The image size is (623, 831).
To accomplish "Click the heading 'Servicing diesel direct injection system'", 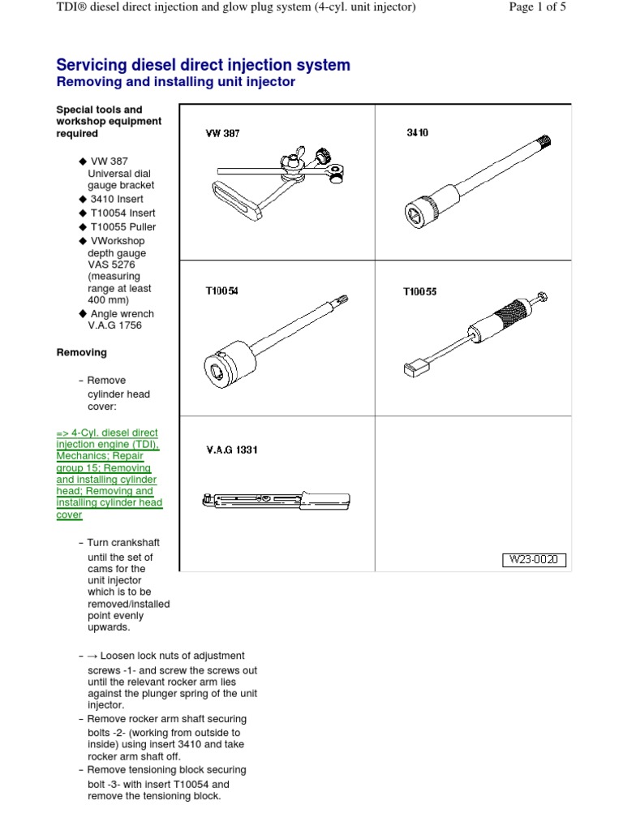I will (203, 65).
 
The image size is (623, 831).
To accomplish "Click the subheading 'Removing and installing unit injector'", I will (174, 82).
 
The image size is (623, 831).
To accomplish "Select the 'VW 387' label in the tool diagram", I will (221, 133).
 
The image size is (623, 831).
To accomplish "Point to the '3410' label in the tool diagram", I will (417, 132).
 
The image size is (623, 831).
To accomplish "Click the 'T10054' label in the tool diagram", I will (221, 291).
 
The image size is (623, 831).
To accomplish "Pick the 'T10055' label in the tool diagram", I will (419, 291).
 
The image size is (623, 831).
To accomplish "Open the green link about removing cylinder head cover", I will (109, 474).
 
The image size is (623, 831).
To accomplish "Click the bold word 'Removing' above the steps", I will (81, 353).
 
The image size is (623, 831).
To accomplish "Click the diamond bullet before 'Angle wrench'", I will (82, 314).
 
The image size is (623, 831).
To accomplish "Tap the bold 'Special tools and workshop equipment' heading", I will (109, 121).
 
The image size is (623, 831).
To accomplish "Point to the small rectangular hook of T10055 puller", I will (413, 370).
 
